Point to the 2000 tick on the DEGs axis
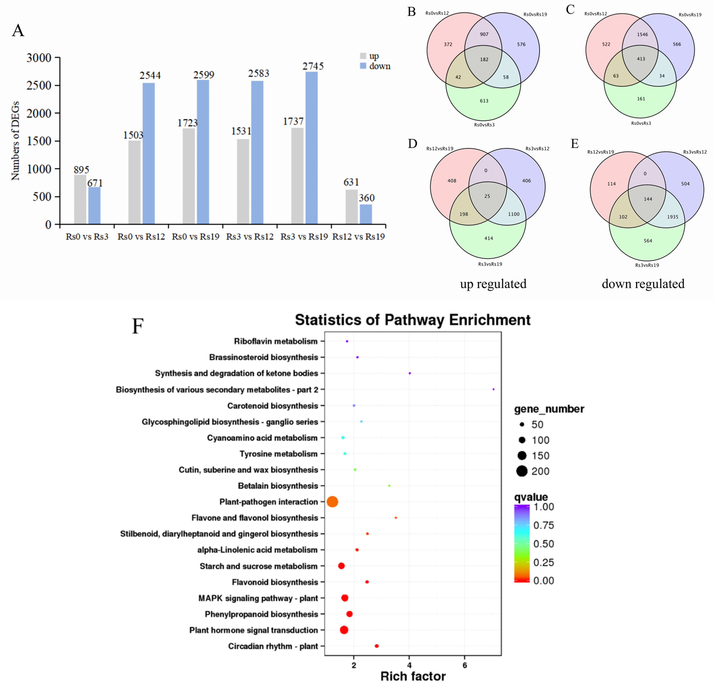(39, 113)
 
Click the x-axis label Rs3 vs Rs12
(250, 237)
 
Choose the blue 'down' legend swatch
(363, 66)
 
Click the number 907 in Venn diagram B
(484, 34)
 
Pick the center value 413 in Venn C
(641, 59)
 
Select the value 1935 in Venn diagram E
(673, 217)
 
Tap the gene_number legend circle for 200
(522, 471)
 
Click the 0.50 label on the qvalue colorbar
(544, 544)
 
